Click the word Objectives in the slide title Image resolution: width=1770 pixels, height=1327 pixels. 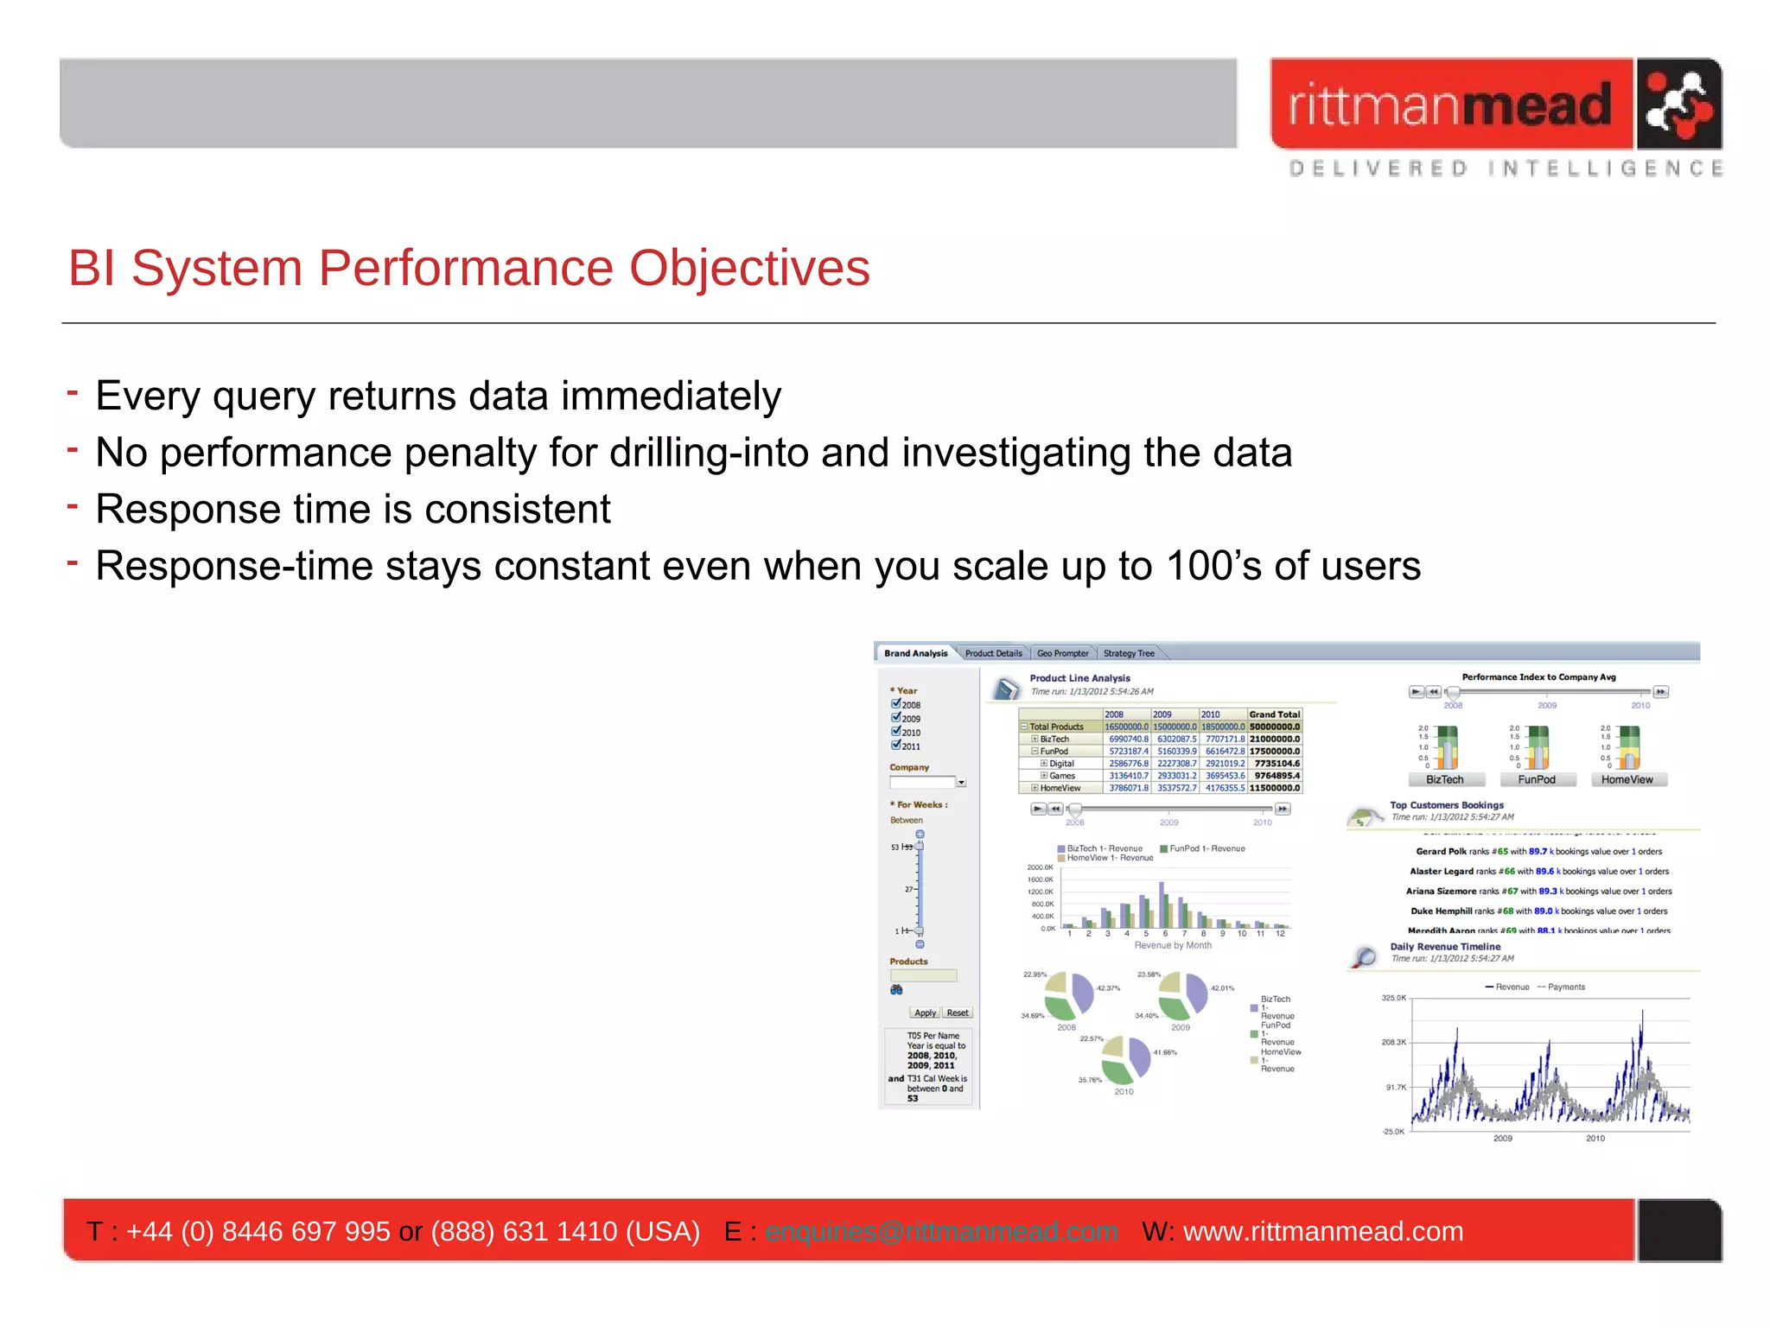[748, 269]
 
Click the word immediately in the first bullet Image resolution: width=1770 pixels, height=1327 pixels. [671, 397]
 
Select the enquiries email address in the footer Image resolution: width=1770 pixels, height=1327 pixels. [941, 1231]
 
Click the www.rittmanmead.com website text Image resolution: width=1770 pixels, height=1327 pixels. [1322, 1231]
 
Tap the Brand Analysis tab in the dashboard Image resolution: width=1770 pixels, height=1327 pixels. [915, 653]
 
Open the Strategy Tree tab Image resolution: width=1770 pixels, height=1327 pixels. [1128, 653]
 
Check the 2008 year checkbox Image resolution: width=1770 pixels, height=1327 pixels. [896, 703]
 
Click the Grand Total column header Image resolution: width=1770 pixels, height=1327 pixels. [1274, 714]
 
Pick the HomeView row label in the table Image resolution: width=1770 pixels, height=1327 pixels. [1060, 788]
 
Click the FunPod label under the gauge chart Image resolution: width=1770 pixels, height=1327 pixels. [1536, 779]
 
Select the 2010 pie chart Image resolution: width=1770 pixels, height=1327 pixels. [1125, 1059]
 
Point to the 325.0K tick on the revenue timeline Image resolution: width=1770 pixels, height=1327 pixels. [1393, 998]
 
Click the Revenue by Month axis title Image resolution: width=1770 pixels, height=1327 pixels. [1172, 945]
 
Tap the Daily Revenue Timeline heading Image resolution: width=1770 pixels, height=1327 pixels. [1444, 947]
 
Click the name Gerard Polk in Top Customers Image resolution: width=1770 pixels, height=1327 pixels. [1441, 852]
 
